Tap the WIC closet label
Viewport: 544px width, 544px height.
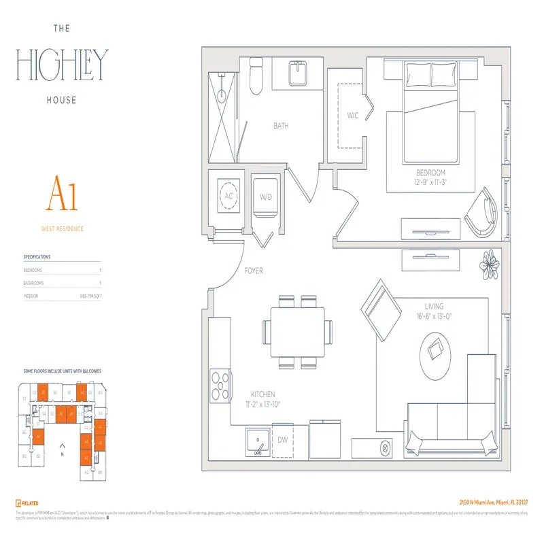[352, 116]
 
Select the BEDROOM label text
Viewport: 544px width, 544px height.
[430, 173]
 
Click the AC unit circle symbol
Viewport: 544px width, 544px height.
[228, 195]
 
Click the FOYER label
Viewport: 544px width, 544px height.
[254, 271]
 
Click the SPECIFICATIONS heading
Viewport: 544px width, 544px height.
[37, 257]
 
